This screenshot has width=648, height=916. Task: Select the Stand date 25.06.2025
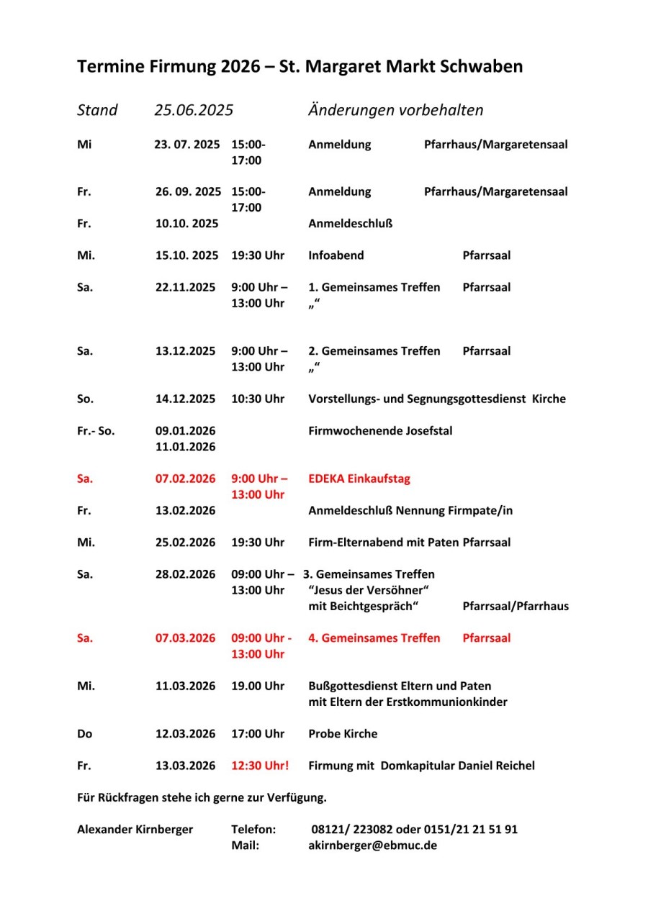194,110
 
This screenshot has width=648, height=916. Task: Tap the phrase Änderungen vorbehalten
395,110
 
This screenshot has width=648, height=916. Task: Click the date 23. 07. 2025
187,145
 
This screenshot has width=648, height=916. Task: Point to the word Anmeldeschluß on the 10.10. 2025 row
350,224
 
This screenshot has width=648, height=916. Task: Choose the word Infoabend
336,255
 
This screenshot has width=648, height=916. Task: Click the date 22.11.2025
185,287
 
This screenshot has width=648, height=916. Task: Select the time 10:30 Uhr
257,399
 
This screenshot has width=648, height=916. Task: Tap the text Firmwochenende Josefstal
380,431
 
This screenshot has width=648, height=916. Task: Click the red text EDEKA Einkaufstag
359,479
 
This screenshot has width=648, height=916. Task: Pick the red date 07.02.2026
185,479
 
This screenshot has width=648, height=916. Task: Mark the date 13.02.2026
185,511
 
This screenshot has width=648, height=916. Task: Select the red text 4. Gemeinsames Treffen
374,638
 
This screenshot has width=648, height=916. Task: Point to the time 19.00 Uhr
257,686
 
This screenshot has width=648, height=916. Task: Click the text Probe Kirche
342,734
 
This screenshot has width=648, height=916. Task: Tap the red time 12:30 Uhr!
259,766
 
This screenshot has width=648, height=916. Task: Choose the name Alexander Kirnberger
135,829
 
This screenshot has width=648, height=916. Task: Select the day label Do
84,734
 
